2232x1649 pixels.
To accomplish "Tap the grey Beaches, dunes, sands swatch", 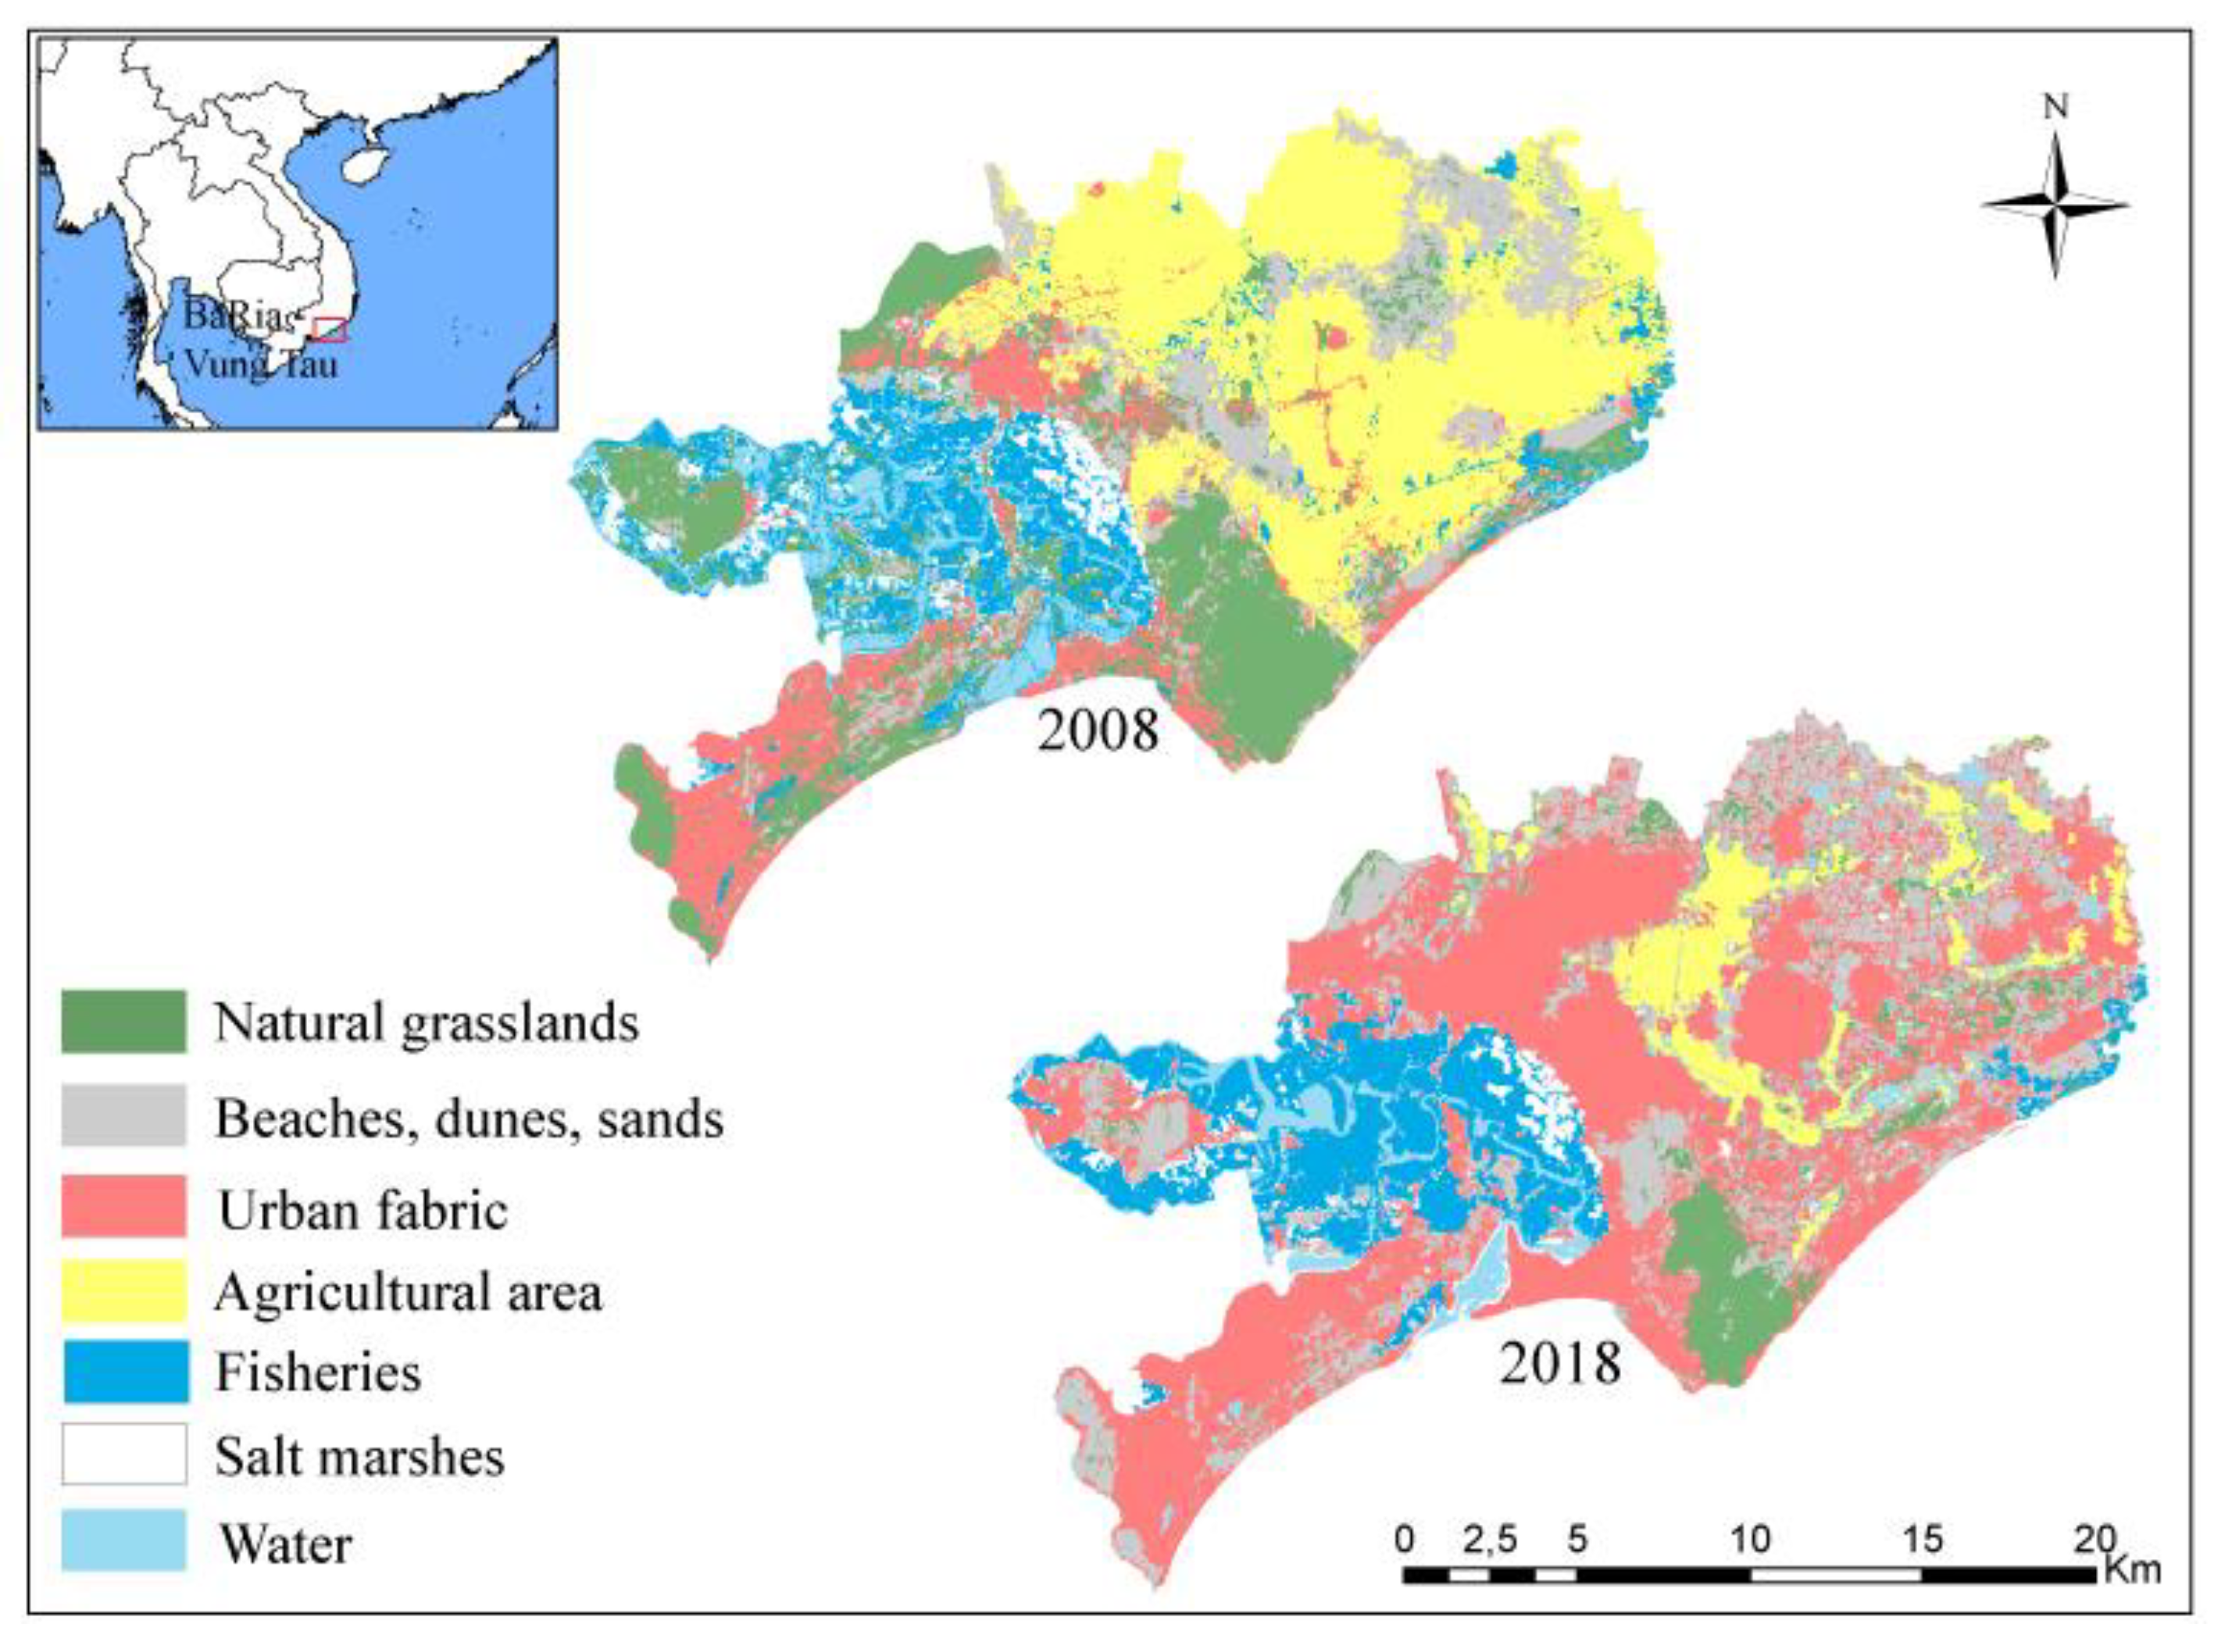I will [123, 1116].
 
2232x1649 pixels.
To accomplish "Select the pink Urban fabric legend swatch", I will [123, 1207].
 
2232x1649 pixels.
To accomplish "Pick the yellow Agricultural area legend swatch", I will [123, 1290].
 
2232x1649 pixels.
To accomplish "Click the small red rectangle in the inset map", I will [330, 330].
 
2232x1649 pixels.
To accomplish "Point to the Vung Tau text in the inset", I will [262, 364].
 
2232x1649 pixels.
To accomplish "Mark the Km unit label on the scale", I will [2132, 1570].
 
